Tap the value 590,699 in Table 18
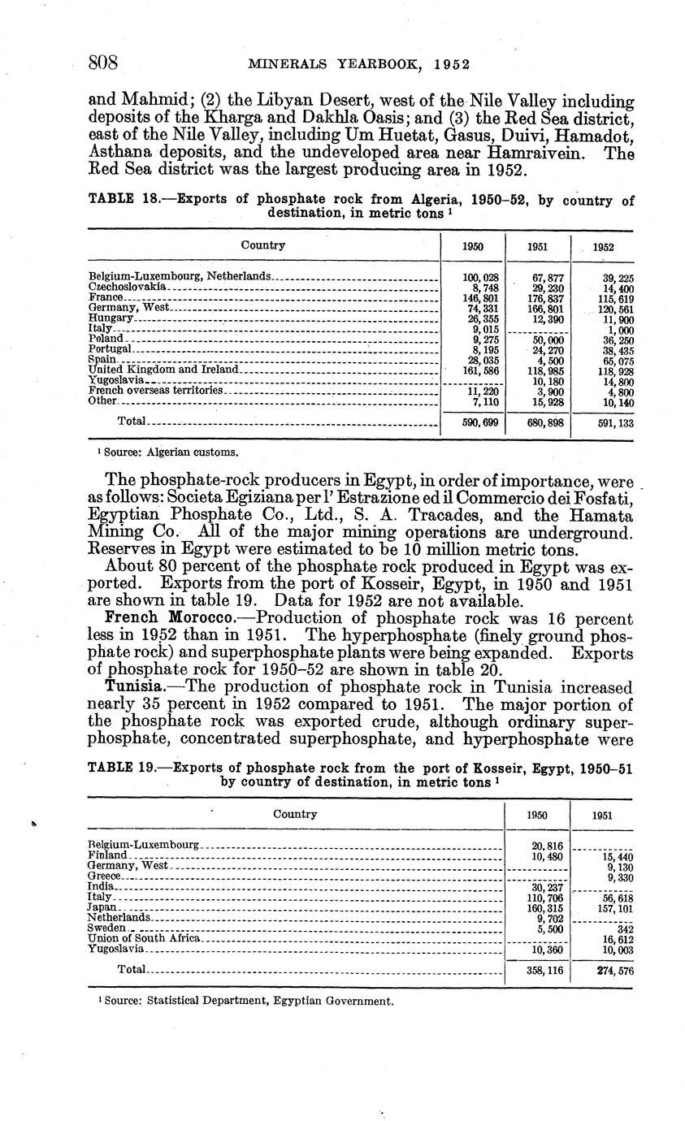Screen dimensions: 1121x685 coord(472,422)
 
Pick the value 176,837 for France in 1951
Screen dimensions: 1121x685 coord(537,298)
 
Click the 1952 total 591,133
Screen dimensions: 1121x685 coord(602,422)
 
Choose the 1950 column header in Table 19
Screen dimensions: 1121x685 coord(537,816)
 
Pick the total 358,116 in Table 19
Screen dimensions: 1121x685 coord(537,970)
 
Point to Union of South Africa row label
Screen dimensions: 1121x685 coord(142,938)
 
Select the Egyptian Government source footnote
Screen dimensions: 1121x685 coord(245,1001)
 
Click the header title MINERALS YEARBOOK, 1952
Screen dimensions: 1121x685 coord(360,64)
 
